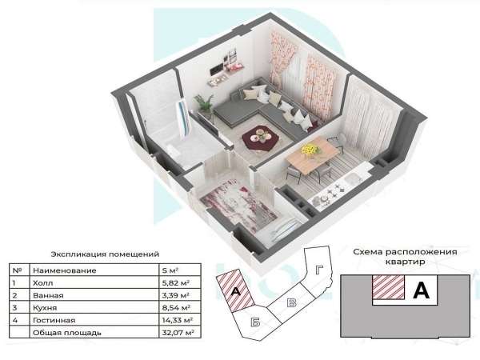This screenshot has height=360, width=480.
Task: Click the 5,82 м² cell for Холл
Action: (176, 282)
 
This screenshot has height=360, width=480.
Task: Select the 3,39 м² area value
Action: (176, 295)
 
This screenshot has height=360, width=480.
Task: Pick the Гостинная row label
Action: (54, 320)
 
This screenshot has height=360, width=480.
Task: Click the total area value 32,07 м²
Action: (178, 333)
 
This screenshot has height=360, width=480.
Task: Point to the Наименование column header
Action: (64, 270)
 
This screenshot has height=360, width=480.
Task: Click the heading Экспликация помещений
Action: (105, 254)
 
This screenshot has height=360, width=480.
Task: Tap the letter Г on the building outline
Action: (319, 270)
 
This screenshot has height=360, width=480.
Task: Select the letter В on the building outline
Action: (292, 302)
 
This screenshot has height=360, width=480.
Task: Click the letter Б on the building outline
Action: (255, 322)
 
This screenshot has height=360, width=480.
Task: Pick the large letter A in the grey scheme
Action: (421, 290)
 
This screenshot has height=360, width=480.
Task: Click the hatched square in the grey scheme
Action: (388, 287)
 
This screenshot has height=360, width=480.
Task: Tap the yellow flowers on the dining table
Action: (310, 150)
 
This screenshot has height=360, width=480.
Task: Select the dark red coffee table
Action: (261, 138)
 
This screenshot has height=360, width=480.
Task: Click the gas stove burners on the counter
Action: (334, 190)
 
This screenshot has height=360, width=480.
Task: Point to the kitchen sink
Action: (354, 178)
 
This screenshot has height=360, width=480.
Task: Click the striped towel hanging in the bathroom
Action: (184, 118)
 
